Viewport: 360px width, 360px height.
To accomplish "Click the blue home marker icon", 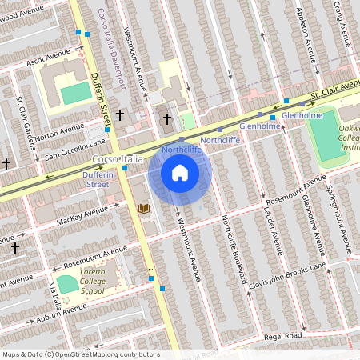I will [x=180, y=173].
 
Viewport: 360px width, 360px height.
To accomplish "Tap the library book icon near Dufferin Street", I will [x=144, y=208].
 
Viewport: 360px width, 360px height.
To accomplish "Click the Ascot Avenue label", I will [x=49, y=59].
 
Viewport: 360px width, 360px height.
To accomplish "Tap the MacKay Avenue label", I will [x=84, y=214].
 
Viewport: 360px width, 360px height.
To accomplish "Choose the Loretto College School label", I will [x=98, y=282].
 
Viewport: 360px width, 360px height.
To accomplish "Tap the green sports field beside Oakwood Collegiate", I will [x=324, y=136].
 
